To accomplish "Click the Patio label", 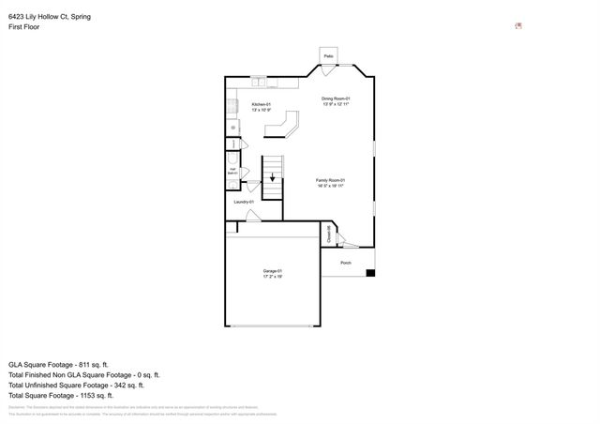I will point(329,56).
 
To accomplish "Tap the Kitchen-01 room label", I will point(262,104).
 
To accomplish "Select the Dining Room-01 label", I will point(336,98).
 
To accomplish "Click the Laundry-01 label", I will point(244,202).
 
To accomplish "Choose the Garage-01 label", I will point(273,271).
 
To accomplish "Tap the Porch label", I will point(346,262).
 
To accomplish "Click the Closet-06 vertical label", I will point(328,235).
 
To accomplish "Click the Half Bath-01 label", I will point(232,172).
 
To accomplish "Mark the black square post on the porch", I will point(370,273).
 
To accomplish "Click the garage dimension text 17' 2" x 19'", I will point(273,277).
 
